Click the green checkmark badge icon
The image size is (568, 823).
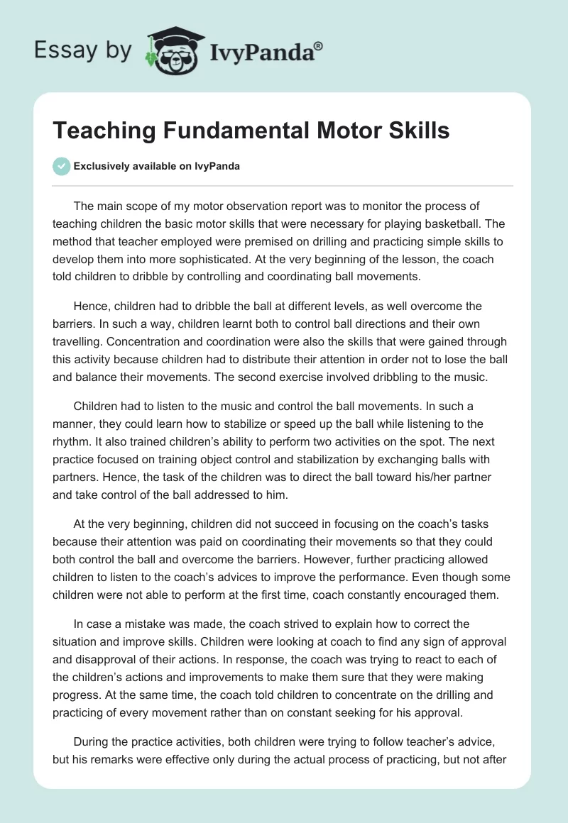coord(62,166)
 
